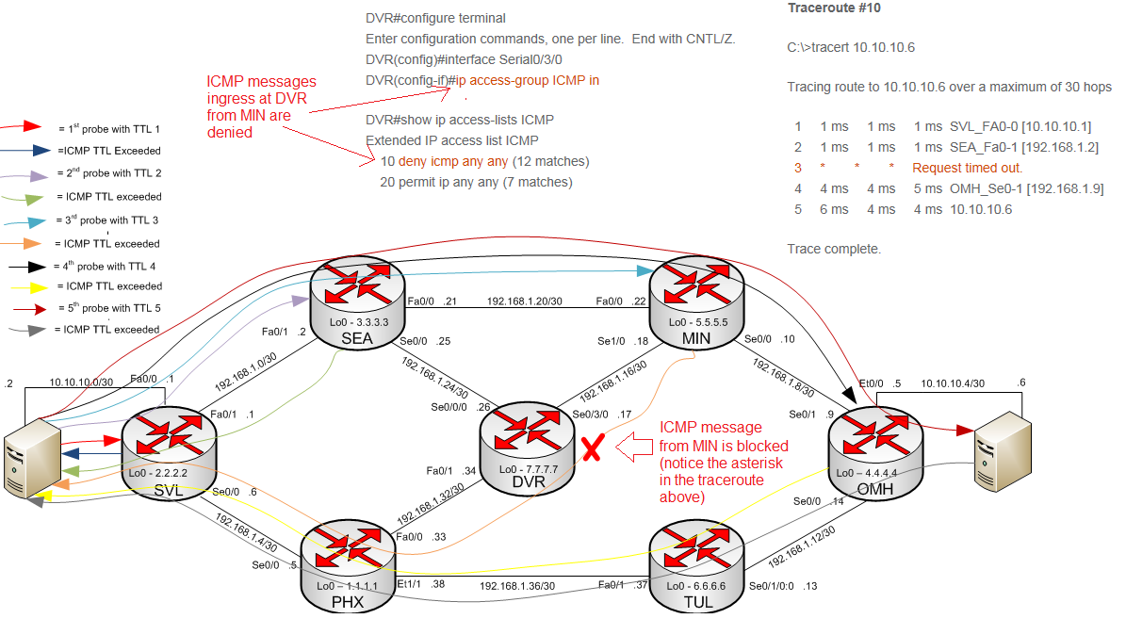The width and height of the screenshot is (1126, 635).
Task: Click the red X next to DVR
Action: (x=592, y=448)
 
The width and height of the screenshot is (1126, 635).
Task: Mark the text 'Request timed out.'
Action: (x=967, y=168)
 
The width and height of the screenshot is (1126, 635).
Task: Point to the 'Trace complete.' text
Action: (x=834, y=250)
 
